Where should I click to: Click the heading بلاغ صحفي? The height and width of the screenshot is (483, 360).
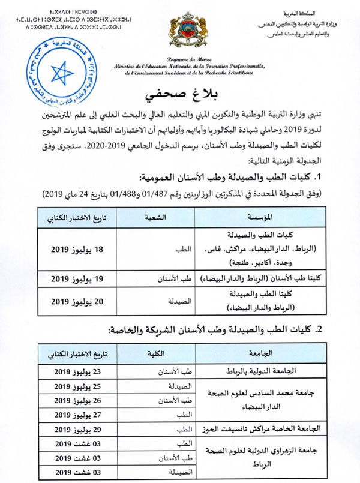click(x=179, y=95)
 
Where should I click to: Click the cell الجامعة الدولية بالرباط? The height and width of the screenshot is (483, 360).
click(x=265, y=372)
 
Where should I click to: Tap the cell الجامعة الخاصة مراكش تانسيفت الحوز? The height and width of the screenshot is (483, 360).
click(x=265, y=429)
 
